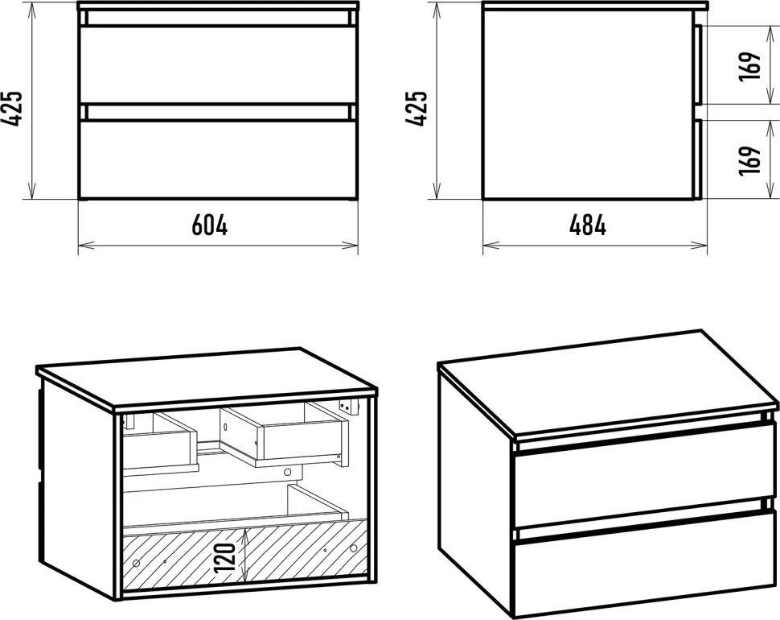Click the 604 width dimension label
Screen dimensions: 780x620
click(x=209, y=225)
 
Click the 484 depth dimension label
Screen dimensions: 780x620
click(x=588, y=225)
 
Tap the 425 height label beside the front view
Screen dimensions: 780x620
click(x=12, y=109)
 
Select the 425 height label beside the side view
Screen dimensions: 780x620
click(x=417, y=109)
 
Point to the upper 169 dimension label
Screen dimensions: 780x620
click(x=749, y=66)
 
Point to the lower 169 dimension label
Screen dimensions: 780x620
click(x=749, y=160)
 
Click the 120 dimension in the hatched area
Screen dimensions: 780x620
click(x=226, y=557)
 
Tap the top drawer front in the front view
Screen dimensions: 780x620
click(x=218, y=65)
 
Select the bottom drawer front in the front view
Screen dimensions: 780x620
click(x=218, y=159)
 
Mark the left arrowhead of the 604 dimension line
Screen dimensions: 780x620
click(x=86, y=245)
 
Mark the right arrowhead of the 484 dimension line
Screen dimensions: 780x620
click(x=700, y=245)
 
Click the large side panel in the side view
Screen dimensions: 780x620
click(x=588, y=104)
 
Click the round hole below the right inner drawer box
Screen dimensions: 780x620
click(x=287, y=472)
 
